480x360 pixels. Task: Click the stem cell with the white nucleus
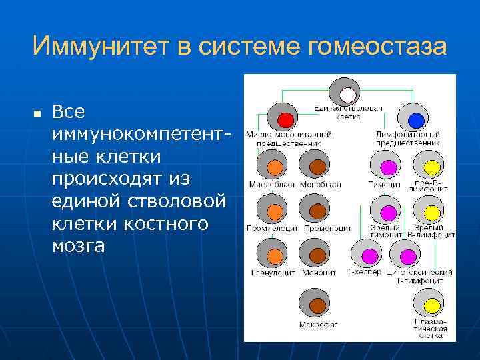[x=345, y=93]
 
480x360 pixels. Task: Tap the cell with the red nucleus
[x=283, y=118]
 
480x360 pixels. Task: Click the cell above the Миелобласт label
[x=272, y=164]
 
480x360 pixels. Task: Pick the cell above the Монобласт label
[x=315, y=164]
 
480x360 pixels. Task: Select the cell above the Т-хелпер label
[x=366, y=253]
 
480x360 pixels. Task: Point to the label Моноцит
[x=319, y=272]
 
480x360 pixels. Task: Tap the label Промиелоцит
[x=273, y=228]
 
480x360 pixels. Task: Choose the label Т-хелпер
[x=364, y=272]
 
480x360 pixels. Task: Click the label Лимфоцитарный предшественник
[x=407, y=138]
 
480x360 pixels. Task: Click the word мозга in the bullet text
[x=79, y=246]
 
